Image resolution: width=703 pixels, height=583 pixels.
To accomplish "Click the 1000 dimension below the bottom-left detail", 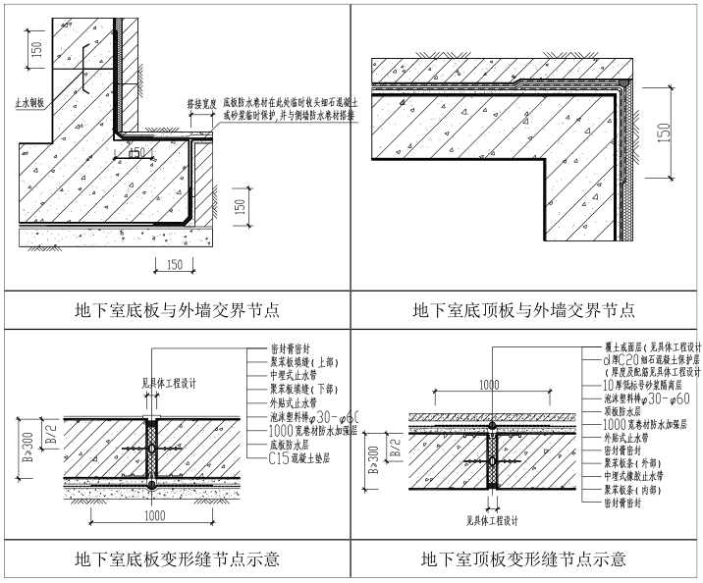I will coord(153,514).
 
